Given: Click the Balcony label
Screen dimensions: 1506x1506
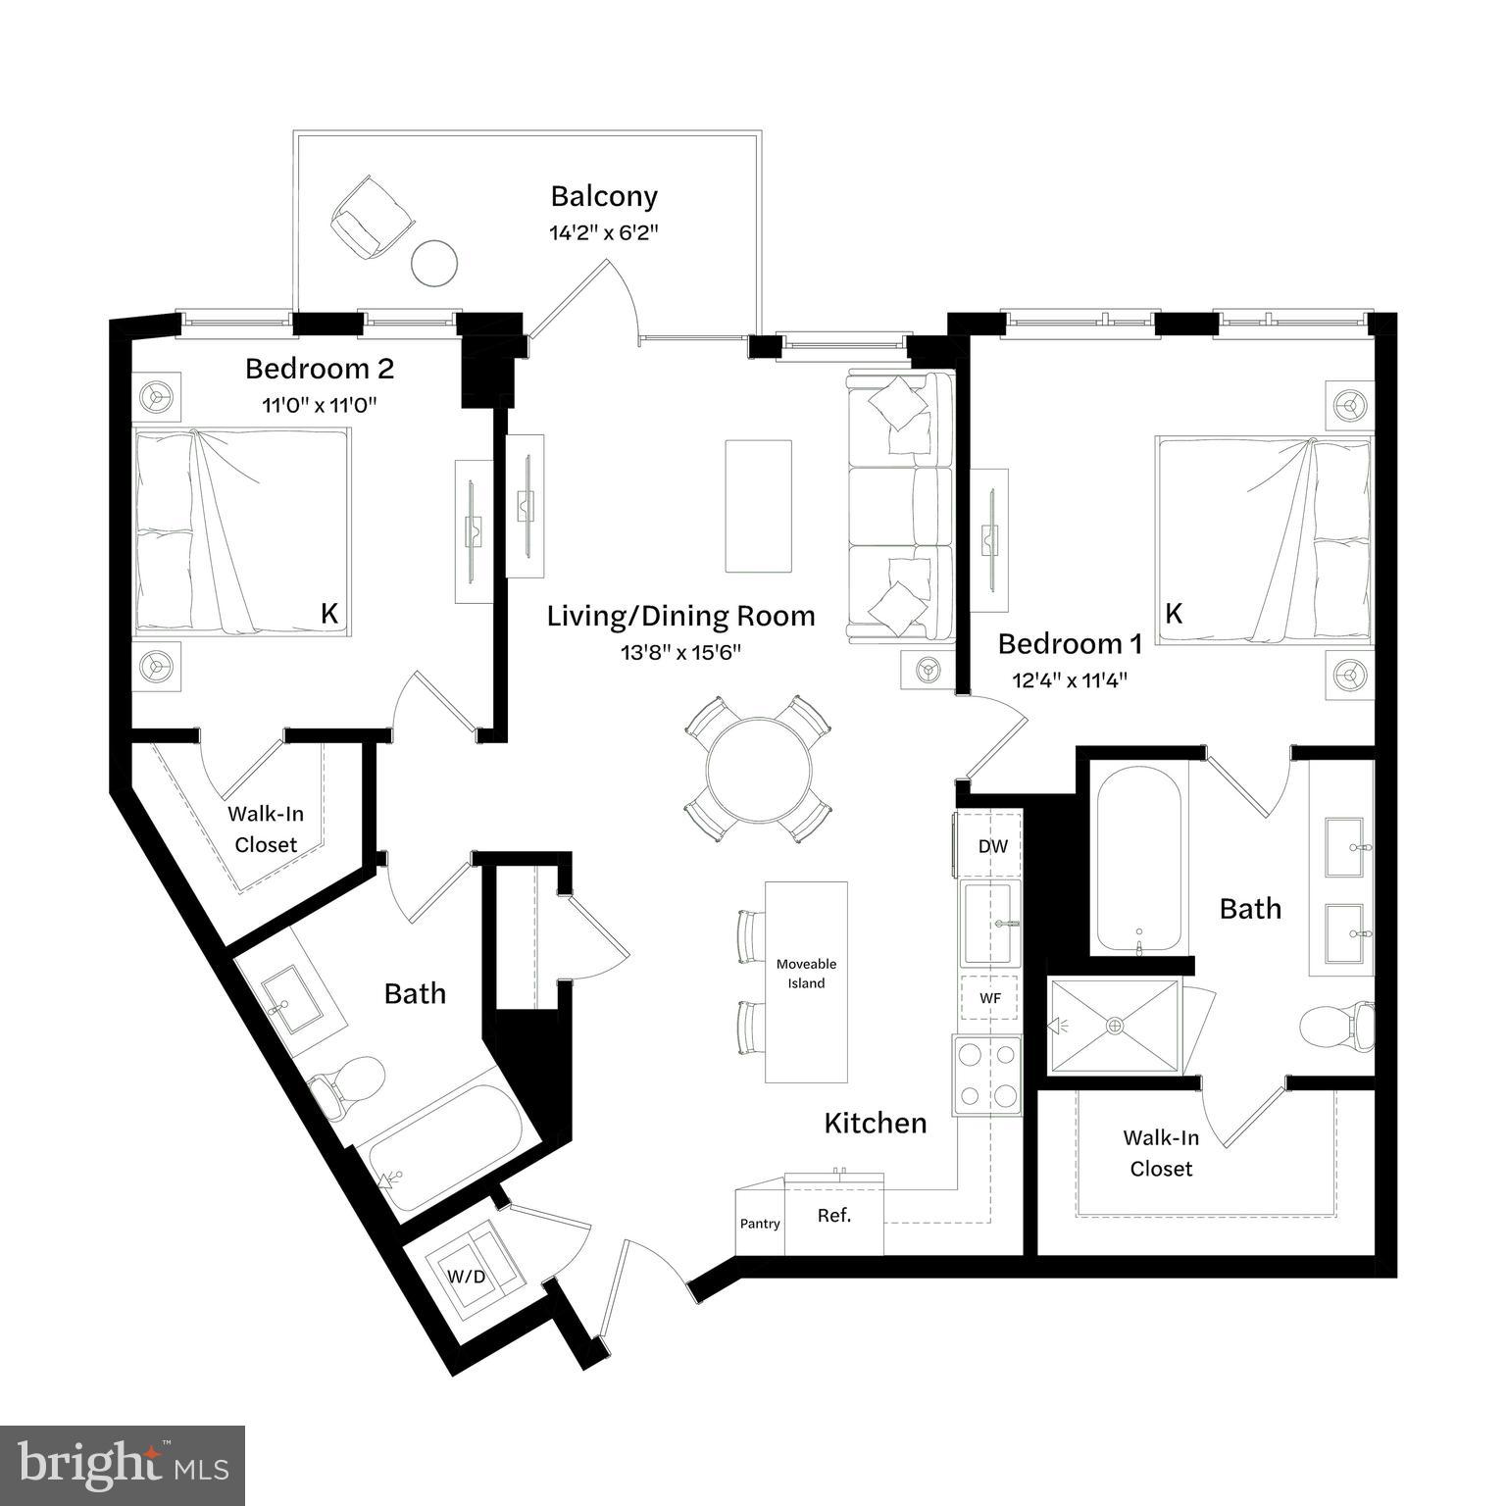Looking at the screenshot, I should click(x=603, y=196).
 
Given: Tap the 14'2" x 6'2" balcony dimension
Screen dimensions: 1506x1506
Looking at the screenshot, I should click(x=603, y=233).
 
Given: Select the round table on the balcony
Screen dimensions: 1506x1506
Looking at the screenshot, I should click(x=433, y=263).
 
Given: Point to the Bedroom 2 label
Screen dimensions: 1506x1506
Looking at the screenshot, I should click(x=319, y=369).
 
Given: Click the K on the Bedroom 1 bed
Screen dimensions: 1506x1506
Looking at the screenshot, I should click(x=1174, y=614).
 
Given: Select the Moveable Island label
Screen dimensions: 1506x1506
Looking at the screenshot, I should click(x=806, y=974).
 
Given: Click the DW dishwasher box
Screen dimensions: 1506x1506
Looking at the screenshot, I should click(x=992, y=845).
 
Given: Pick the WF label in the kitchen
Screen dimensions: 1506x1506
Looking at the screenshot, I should click(x=990, y=998).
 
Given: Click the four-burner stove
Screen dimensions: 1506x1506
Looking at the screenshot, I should click(x=986, y=1075).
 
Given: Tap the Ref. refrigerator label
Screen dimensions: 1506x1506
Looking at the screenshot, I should click(x=834, y=1216).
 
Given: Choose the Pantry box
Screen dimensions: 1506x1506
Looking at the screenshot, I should click(x=760, y=1223).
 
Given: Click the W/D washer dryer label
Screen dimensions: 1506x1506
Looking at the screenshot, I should click(x=467, y=1277).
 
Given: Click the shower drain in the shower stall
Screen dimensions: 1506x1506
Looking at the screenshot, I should click(x=1114, y=1026).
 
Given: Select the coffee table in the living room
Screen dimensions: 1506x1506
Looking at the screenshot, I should click(x=758, y=505).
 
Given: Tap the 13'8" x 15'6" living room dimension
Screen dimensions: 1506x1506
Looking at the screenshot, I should click(x=680, y=653).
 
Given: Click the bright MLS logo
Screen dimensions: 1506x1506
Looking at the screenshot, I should click(x=123, y=1466).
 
